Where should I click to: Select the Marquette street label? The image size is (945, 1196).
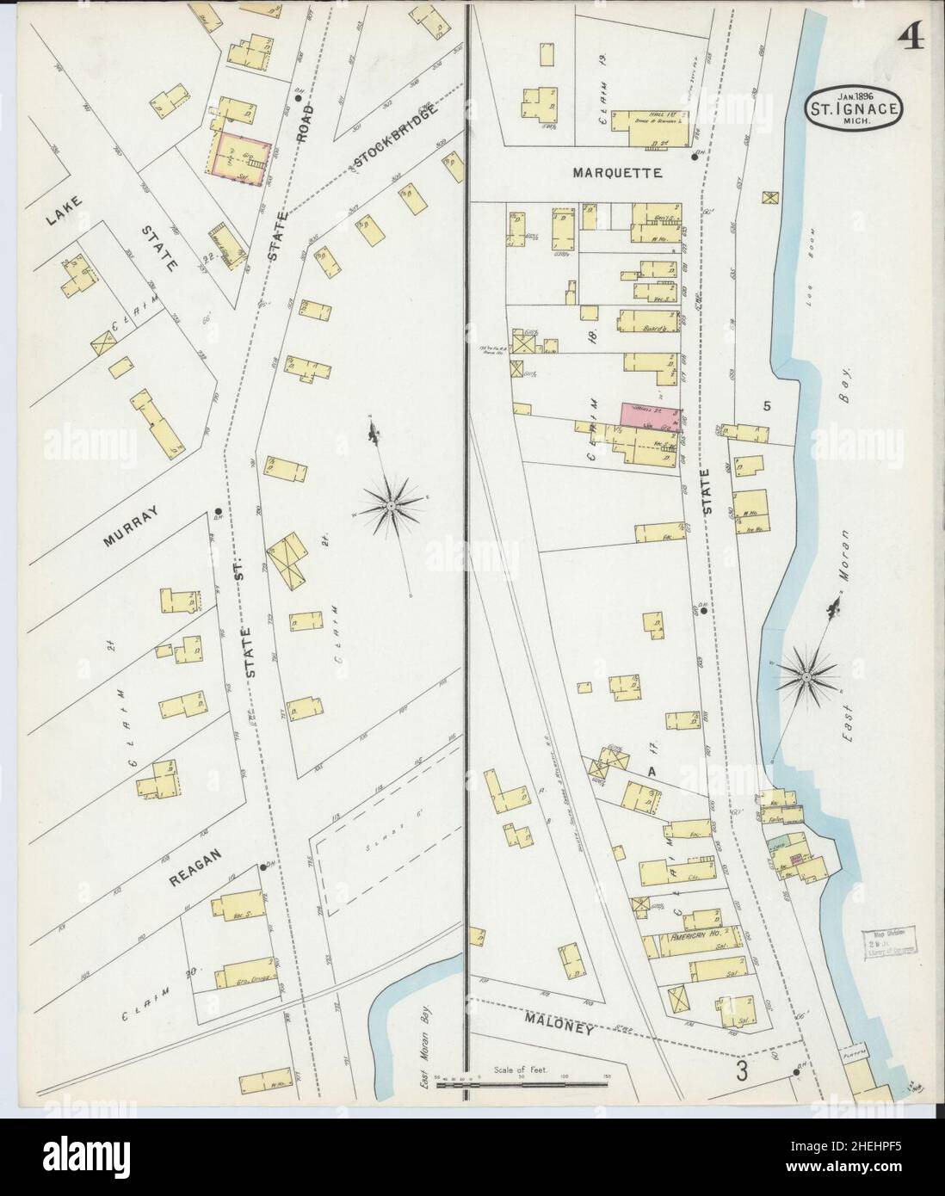click(x=618, y=173)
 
